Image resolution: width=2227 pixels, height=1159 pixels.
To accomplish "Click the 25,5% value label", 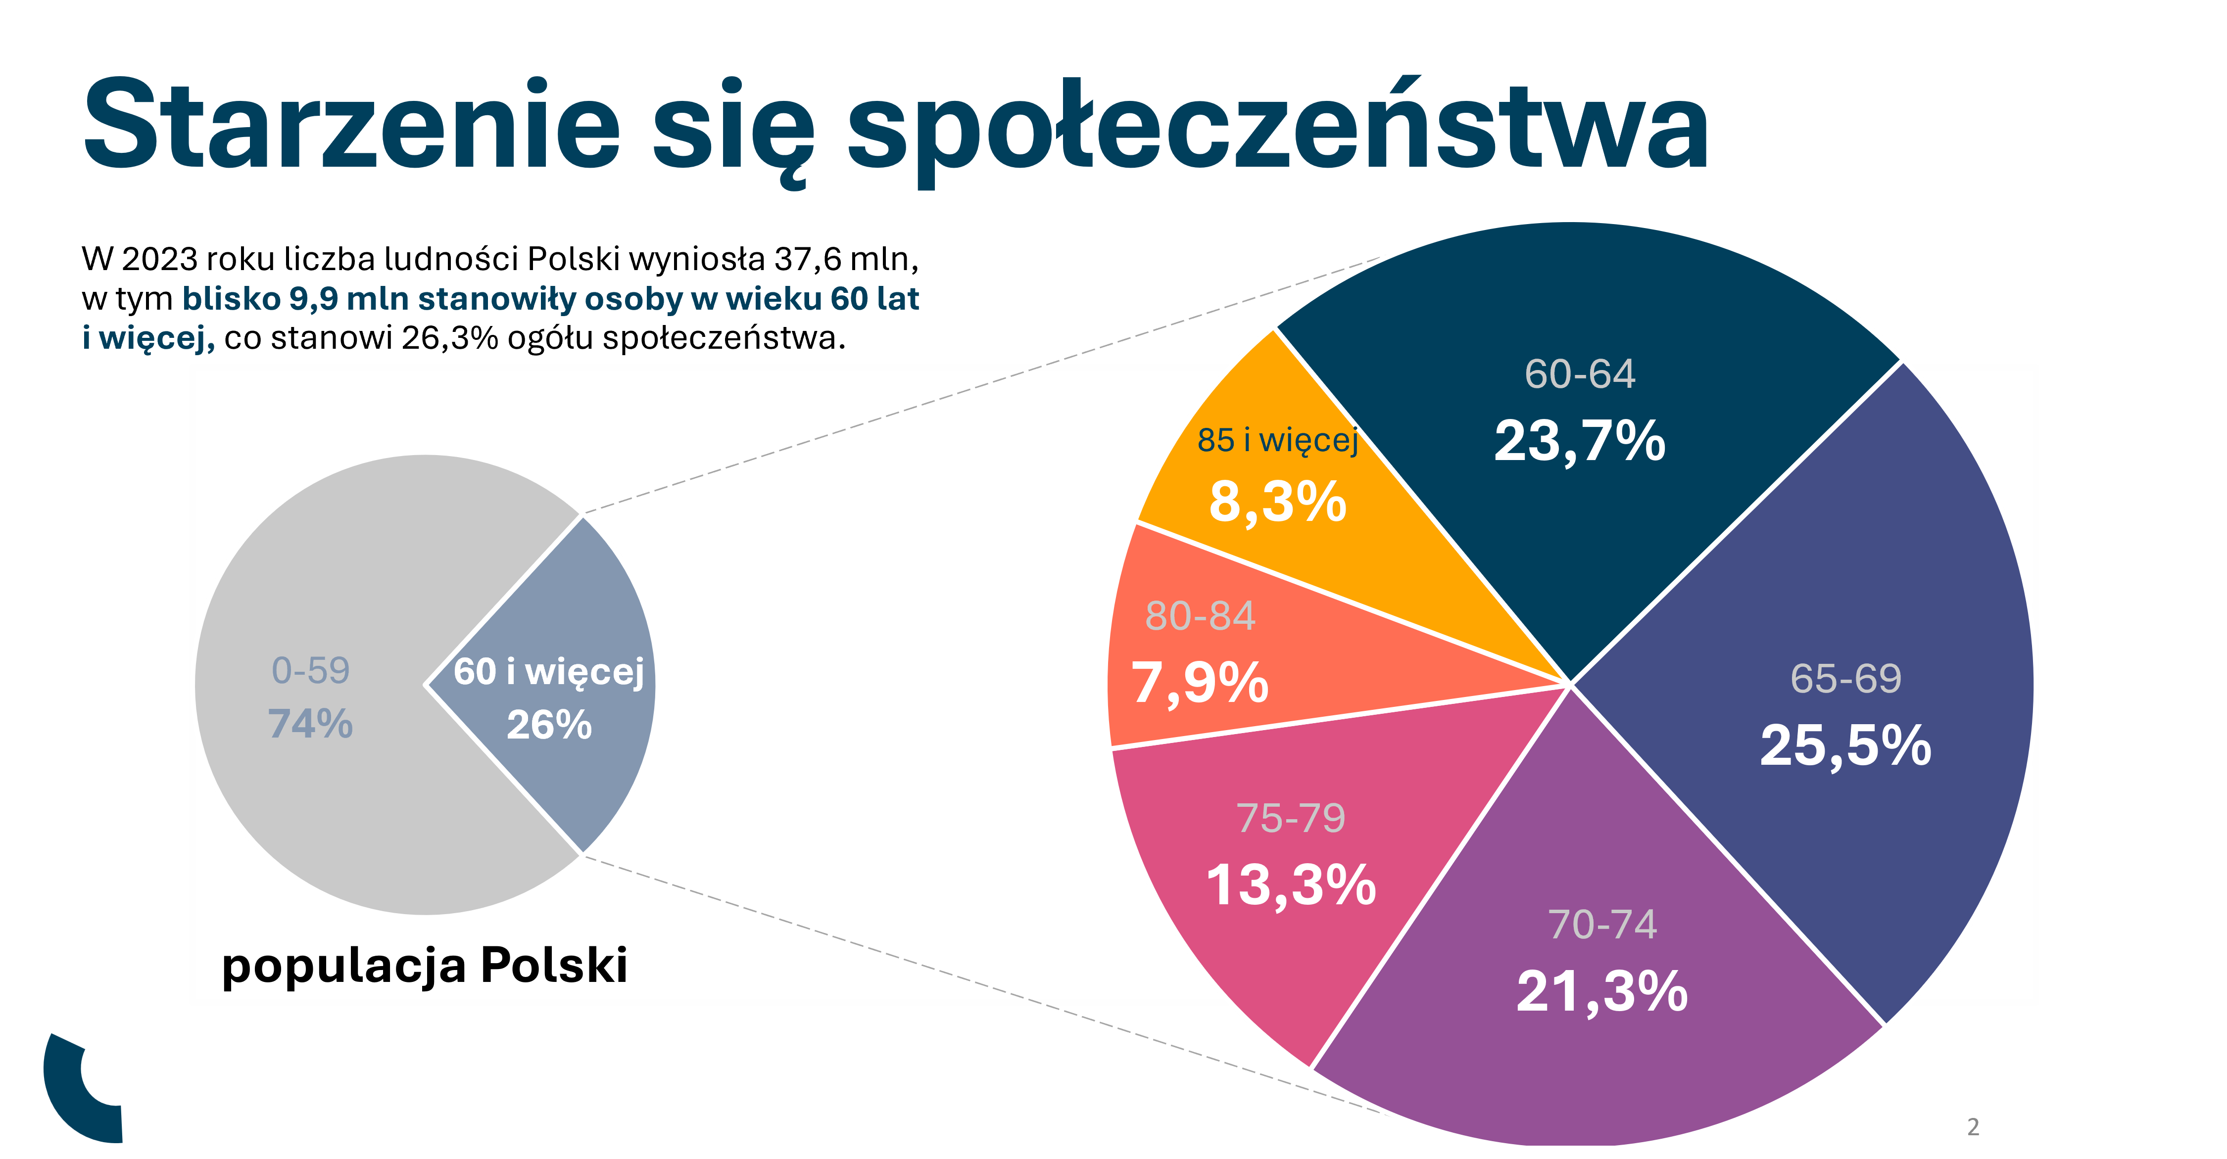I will click(1846, 745).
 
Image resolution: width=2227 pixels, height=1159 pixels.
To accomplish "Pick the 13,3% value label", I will click(1291, 885).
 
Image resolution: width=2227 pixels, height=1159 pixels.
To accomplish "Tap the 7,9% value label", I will click(1200, 683).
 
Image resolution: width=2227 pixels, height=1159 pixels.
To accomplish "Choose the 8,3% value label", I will click(1278, 501).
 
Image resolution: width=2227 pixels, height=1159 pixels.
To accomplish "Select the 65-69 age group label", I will click(1846, 679).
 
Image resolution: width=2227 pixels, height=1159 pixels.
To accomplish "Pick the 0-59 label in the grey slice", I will click(310, 671).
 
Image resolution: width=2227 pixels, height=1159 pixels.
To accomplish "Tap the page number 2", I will click(1973, 1127).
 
